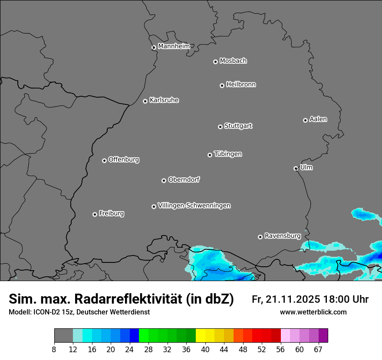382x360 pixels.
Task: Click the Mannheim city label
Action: pyautogui.click(x=174, y=46)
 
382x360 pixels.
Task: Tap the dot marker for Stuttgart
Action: pyautogui.click(x=221, y=127)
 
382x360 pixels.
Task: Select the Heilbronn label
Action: pyautogui.click(x=241, y=84)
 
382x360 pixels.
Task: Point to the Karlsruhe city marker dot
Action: pyautogui.click(x=145, y=101)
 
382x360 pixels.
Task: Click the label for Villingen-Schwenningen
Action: pyautogui.click(x=194, y=205)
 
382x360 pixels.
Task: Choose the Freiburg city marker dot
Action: pyautogui.click(x=95, y=214)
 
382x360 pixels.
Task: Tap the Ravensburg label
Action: pyautogui.click(x=283, y=236)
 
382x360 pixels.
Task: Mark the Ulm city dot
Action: pyautogui.click(x=296, y=168)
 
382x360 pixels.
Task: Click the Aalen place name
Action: pyautogui.click(x=318, y=119)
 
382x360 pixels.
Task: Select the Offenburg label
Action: pyautogui.click(x=124, y=159)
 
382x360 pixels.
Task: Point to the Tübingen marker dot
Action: pyautogui.click(x=210, y=155)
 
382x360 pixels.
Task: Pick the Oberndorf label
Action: pyautogui.click(x=184, y=179)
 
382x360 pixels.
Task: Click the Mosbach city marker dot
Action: pyautogui.click(x=215, y=62)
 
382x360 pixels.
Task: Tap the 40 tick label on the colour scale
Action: pyautogui.click(x=205, y=350)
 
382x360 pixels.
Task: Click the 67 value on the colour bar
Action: pyautogui.click(x=318, y=350)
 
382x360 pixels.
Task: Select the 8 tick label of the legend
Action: pyautogui.click(x=54, y=350)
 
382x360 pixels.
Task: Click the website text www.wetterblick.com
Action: pyautogui.click(x=313, y=312)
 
